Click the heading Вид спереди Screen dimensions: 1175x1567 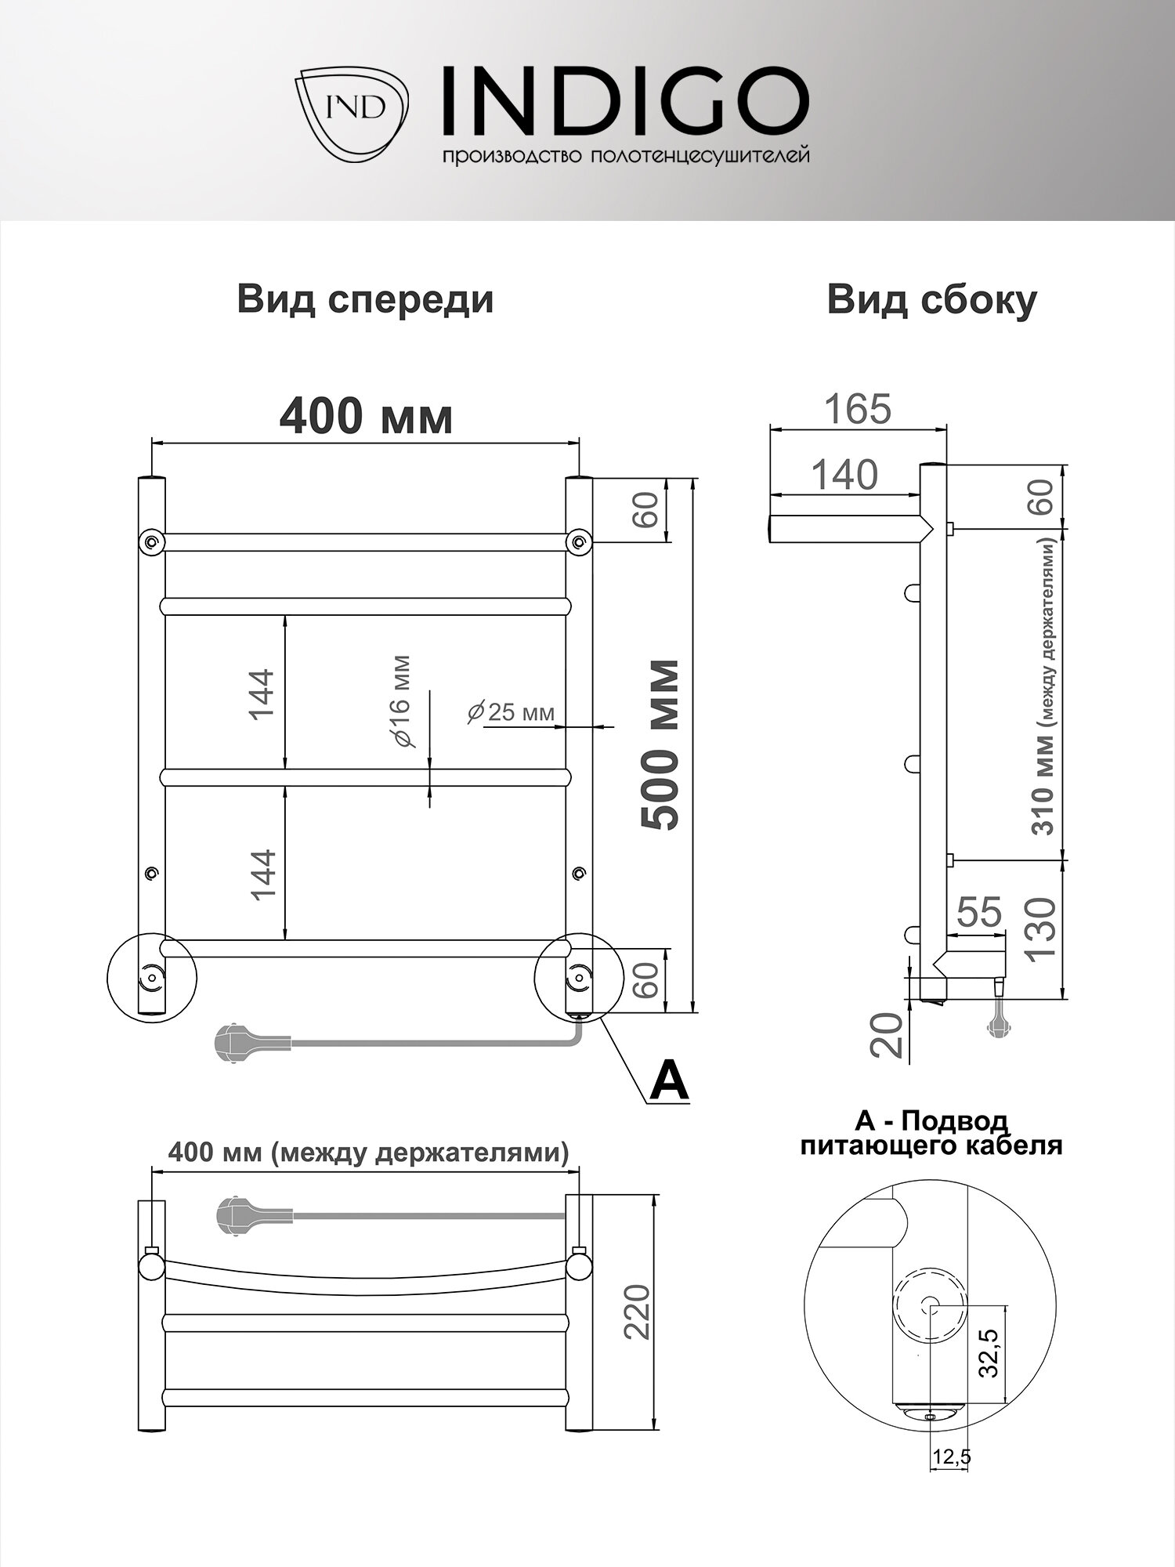(365, 300)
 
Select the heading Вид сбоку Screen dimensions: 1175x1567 (931, 300)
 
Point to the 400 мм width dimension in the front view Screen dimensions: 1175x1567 (366, 417)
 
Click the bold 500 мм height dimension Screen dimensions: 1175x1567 (659, 744)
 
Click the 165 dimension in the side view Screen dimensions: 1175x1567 (858, 409)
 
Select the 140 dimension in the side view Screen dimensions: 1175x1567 (844, 475)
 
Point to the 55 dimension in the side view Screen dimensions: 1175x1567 (979, 913)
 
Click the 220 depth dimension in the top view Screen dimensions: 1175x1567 (638, 1312)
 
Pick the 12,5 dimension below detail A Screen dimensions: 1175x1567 (950, 1457)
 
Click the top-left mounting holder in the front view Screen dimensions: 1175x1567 (151, 541)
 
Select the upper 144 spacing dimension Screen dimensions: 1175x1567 (261, 694)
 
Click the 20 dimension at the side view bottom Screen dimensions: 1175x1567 (888, 1034)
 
